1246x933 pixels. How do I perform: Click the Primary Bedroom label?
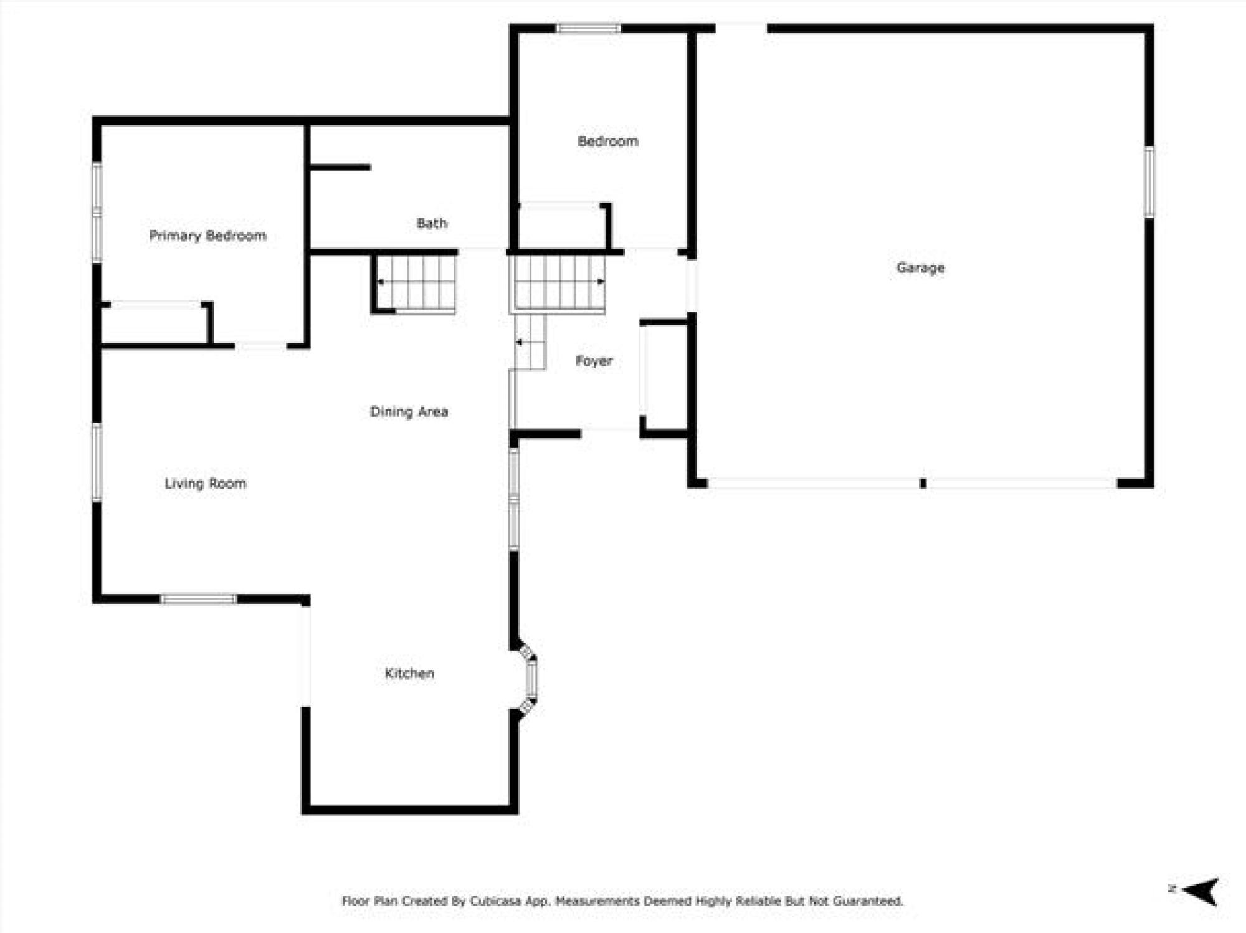pyautogui.click(x=207, y=236)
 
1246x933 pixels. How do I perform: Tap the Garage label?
pyautogui.click(x=920, y=268)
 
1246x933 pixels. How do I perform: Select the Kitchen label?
pyautogui.click(x=409, y=673)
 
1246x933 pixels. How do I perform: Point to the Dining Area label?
pyautogui.click(x=409, y=411)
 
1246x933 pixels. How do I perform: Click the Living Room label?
pyautogui.click(x=205, y=483)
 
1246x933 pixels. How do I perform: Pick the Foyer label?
pyautogui.click(x=594, y=361)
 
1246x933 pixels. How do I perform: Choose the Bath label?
pyautogui.click(x=431, y=223)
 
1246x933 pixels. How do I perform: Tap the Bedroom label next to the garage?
pyautogui.click(x=607, y=141)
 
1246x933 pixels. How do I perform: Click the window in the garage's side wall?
pyautogui.click(x=1149, y=182)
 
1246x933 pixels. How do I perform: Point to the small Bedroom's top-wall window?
pyautogui.click(x=588, y=28)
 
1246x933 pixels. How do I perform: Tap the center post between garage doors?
pyautogui.click(x=923, y=483)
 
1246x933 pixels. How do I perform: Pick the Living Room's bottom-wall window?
pyautogui.click(x=199, y=599)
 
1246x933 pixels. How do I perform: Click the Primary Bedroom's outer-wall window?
pyautogui.click(x=97, y=213)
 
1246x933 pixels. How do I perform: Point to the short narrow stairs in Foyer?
pyautogui.click(x=530, y=342)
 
